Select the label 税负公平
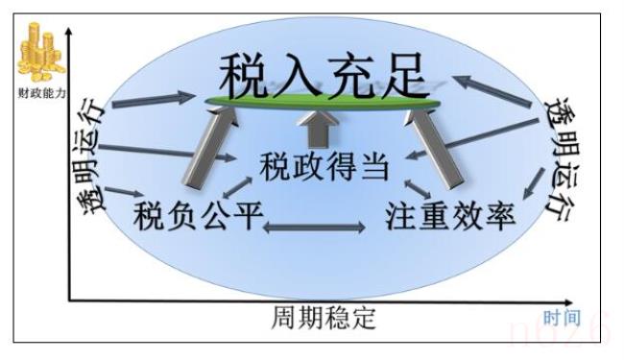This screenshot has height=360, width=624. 198,214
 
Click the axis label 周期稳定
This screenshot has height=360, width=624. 324,318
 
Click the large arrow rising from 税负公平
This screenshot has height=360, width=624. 203,144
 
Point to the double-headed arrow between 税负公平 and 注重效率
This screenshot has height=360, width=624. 314,228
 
